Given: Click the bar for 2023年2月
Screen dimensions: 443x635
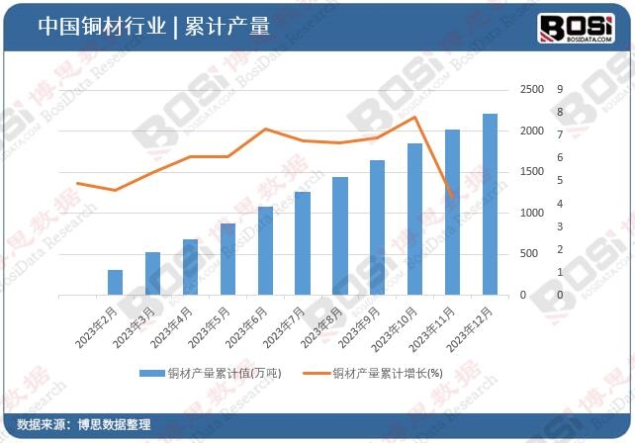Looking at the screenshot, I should pos(115,282).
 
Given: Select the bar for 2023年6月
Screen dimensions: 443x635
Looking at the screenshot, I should pos(265,250).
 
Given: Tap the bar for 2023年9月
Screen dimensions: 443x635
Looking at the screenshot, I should pos(377,227).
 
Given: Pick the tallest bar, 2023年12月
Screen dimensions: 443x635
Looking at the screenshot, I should pos(490,204).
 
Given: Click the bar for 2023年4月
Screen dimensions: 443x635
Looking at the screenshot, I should pos(190,267).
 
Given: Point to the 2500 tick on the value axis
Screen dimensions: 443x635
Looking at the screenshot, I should pos(531,90).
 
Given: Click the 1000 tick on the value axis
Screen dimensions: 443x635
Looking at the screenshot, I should pos(531,214).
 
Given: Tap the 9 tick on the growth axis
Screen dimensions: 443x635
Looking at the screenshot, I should pos(561,90).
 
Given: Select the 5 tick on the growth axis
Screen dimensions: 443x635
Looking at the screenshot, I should pos(561,181).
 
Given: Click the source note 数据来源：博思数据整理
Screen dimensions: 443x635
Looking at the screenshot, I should pos(84,424).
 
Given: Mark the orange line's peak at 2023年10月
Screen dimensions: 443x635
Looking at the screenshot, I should pos(414,118).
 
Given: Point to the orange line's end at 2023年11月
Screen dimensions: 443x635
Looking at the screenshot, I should pos(452,197).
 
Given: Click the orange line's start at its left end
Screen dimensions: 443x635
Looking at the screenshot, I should pos(77,183).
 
